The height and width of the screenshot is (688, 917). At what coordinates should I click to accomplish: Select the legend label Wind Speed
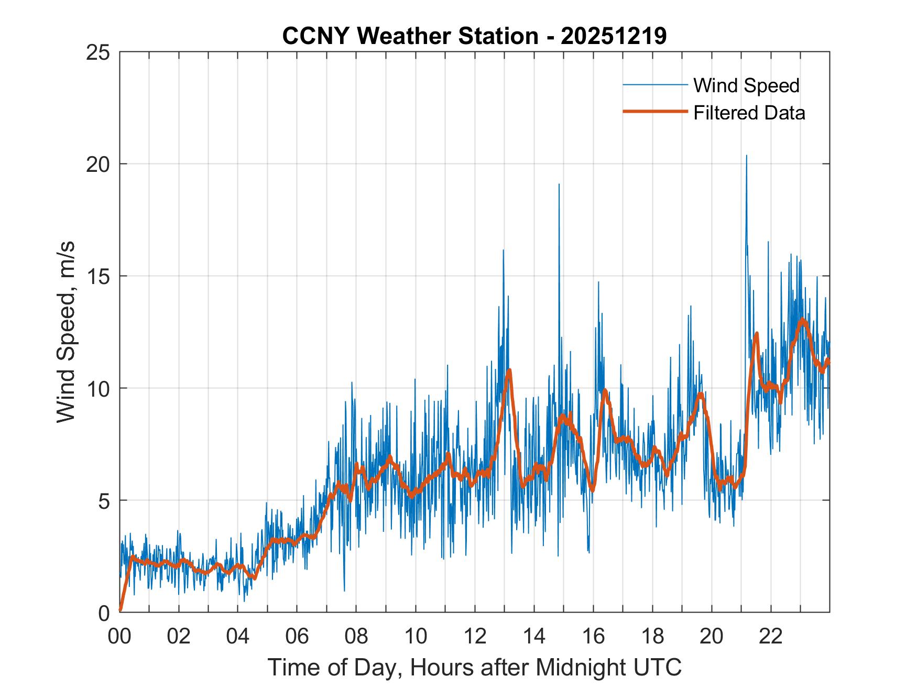746,85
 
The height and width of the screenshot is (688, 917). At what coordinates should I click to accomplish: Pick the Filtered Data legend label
749,113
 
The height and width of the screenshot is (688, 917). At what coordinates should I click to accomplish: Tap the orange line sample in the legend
655,112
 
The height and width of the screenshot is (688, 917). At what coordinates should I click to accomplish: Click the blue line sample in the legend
655,85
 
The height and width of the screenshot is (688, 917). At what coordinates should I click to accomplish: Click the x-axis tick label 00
119,637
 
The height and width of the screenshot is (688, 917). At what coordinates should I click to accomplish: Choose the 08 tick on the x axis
356,637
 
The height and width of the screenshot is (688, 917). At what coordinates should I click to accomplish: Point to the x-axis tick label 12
475,637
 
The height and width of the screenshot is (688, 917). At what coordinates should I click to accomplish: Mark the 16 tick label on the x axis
593,637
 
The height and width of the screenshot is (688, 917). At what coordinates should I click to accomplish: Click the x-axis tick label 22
771,637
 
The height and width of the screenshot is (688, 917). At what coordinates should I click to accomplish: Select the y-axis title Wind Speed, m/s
66,332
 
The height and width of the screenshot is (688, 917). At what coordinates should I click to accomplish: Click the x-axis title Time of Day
474,667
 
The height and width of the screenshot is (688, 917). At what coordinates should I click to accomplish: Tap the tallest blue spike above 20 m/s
746,156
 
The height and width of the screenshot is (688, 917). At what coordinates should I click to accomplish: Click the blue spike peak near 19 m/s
559,184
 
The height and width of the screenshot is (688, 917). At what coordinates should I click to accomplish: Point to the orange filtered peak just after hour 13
509,370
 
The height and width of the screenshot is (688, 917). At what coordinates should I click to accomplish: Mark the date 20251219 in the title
614,36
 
